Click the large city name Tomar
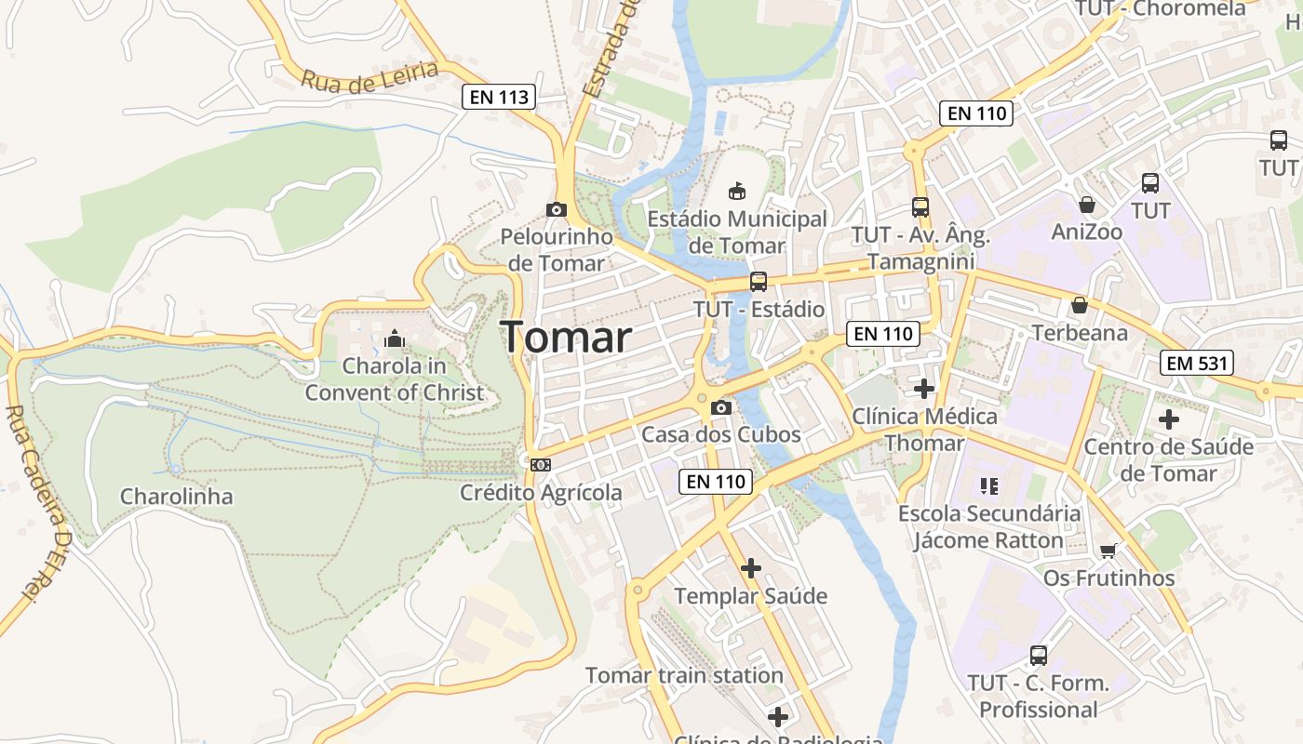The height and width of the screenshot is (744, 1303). [566, 337]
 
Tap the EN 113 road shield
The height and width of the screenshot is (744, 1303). [499, 96]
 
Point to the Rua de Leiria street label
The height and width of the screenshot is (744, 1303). [369, 77]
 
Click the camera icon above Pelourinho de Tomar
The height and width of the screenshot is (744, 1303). [557, 209]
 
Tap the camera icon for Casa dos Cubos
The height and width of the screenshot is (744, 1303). [720, 407]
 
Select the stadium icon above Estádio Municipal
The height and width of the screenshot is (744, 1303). [736, 191]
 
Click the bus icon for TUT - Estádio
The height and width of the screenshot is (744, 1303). [759, 281]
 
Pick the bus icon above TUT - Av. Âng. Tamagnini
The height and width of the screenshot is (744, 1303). [920, 206]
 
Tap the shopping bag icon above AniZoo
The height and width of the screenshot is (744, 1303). [1086, 204]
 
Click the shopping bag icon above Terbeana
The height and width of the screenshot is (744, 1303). [1080, 305]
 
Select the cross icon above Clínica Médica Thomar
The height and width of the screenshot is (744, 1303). [924, 388]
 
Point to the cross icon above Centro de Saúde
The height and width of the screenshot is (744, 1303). [1169, 418]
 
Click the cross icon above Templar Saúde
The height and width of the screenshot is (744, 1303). [751, 567]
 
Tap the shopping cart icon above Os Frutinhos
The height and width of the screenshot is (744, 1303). [1108, 551]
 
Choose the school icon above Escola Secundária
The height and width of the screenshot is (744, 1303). [988, 485]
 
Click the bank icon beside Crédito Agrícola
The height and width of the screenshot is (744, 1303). [540, 464]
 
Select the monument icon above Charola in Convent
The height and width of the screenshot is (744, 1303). [395, 338]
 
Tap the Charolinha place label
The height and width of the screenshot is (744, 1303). [176, 496]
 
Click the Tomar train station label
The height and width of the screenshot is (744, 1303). [684, 675]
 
